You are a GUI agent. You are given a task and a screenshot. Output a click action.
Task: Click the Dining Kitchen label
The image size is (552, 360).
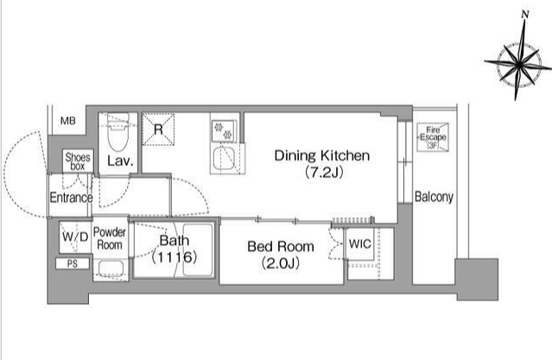[322, 155]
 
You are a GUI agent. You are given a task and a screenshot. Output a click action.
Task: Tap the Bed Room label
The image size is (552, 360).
[281, 246]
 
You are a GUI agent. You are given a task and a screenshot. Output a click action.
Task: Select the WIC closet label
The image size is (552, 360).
[359, 243]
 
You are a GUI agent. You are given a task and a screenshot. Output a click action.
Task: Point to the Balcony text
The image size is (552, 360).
[434, 197]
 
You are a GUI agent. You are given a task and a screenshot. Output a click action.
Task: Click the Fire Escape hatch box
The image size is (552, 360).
[433, 137]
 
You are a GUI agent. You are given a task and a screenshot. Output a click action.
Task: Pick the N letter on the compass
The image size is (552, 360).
[525, 15]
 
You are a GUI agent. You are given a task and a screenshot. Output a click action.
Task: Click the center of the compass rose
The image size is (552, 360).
[518, 64]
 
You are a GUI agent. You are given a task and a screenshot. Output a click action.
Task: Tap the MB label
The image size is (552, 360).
[68, 121]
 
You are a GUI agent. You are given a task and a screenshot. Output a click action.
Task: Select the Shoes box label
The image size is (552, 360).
[78, 161]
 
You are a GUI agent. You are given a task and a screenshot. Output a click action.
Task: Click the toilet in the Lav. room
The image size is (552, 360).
[118, 132]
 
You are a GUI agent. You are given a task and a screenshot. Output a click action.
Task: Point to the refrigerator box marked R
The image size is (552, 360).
[158, 129]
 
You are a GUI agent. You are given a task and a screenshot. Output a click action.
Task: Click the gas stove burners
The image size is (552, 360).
[224, 131]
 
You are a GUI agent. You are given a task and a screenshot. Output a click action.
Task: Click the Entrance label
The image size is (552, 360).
[71, 198]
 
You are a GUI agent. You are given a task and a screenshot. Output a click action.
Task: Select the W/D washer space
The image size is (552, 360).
[75, 237]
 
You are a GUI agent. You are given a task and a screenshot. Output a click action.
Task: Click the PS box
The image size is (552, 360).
[73, 263]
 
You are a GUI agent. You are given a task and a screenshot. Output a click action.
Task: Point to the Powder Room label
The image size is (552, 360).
[110, 238]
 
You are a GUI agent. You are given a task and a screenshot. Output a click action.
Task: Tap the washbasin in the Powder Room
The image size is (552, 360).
[111, 269]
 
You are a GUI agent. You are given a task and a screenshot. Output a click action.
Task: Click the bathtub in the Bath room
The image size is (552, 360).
[198, 249]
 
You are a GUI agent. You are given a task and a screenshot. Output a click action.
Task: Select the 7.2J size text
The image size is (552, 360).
[324, 172]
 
